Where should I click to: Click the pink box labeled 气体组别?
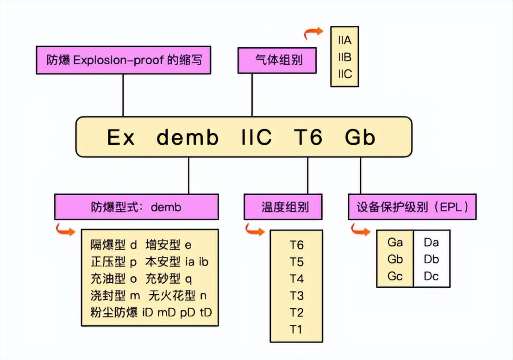click(x=277, y=61)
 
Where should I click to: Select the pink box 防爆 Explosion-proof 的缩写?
click(x=123, y=60)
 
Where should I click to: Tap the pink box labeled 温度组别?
click(x=283, y=207)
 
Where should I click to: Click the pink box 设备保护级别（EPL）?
click(x=412, y=207)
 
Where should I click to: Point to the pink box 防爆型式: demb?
click(x=137, y=207)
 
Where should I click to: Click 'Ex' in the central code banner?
click(x=121, y=137)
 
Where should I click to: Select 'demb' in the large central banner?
click(x=188, y=137)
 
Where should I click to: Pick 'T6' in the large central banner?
click(x=308, y=137)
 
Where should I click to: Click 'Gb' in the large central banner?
click(x=360, y=137)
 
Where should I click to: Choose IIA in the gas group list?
click(x=345, y=40)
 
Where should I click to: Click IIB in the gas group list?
click(x=345, y=57)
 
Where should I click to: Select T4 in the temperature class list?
click(x=296, y=279)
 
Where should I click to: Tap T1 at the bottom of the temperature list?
click(x=296, y=329)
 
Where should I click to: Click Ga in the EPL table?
click(x=395, y=242)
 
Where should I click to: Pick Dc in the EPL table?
click(x=431, y=276)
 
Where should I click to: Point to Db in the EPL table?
click(x=431, y=259)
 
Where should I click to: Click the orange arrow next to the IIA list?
click(x=313, y=32)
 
